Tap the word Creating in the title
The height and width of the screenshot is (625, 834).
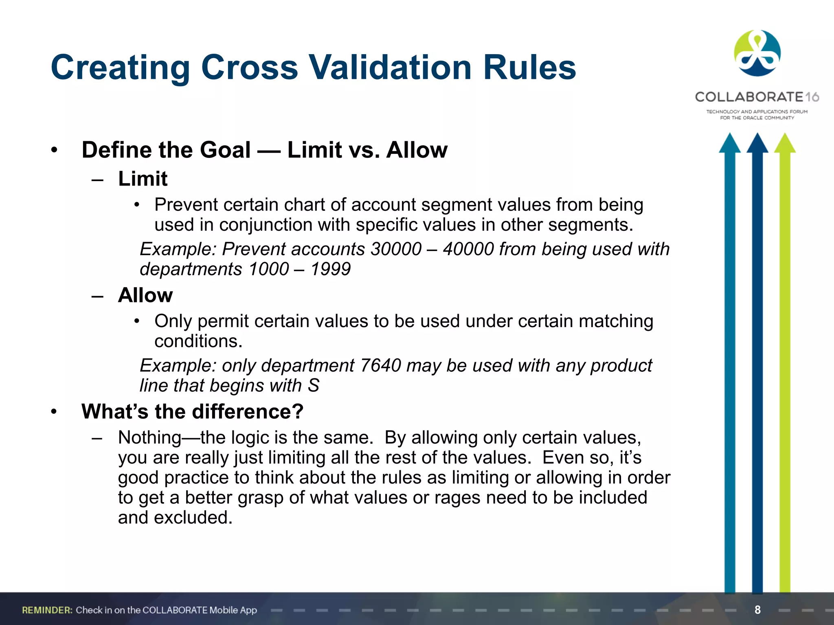(121, 68)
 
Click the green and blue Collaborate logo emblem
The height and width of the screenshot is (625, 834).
(757, 53)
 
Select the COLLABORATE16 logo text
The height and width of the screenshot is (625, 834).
(757, 97)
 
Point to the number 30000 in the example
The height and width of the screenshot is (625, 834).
(396, 249)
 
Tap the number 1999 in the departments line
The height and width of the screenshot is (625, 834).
(330, 269)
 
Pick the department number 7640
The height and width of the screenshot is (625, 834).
(381, 365)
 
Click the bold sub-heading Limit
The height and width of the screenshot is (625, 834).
(143, 179)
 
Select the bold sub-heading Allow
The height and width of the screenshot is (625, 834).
(145, 295)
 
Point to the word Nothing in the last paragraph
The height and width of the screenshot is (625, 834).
(149, 438)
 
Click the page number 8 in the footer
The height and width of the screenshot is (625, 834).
(757, 610)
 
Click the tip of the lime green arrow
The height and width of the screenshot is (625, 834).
(785, 136)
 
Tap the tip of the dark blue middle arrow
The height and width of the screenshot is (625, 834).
(757, 136)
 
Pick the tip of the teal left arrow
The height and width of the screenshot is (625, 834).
(730, 136)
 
